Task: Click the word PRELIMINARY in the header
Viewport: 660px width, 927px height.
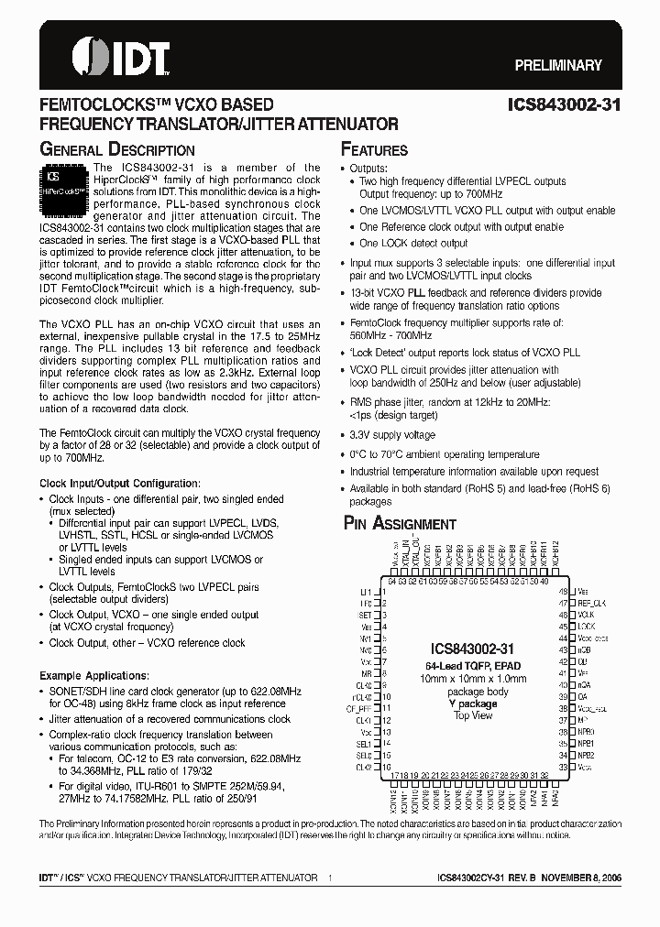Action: click(x=558, y=66)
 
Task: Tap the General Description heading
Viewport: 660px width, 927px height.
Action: click(x=117, y=150)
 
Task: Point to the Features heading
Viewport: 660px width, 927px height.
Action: click(x=374, y=150)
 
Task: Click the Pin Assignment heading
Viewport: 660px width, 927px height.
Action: click(x=399, y=524)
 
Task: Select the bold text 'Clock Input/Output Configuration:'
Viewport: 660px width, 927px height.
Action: click(x=119, y=483)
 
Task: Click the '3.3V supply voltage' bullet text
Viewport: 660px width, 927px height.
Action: click(x=392, y=435)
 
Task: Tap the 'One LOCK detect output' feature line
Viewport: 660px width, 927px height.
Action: click(x=413, y=244)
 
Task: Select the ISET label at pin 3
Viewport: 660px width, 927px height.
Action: click(x=365, y=616)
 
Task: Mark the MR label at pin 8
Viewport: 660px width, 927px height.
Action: click(x=367, y=673)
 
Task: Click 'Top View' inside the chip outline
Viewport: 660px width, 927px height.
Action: click(x=474, y=715)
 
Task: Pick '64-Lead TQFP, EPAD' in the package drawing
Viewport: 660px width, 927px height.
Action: click(x=474, y=664)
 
